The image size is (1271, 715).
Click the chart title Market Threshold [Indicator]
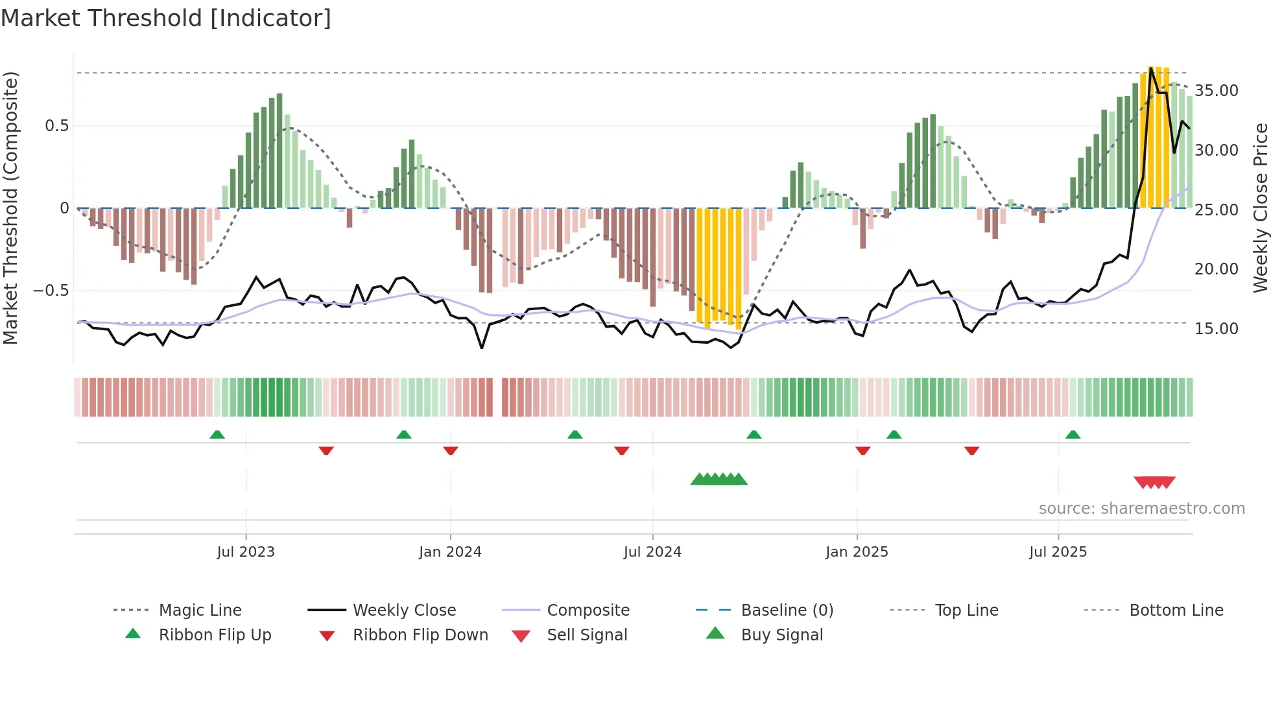166,18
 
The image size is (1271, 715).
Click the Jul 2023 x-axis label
246,552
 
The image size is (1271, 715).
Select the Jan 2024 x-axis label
450,552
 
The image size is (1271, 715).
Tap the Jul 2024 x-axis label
652,552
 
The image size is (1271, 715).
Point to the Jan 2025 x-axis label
857,552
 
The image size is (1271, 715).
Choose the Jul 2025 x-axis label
1058,552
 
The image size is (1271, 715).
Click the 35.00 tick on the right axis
1217,91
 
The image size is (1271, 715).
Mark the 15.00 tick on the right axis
1217,329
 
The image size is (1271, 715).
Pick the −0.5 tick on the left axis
51,291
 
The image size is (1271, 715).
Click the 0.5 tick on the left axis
56,126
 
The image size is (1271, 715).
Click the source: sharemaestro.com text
1141,509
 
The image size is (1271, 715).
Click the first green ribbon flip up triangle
217,435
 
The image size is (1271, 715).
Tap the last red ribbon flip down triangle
971,450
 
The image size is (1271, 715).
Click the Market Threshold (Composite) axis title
10,208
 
